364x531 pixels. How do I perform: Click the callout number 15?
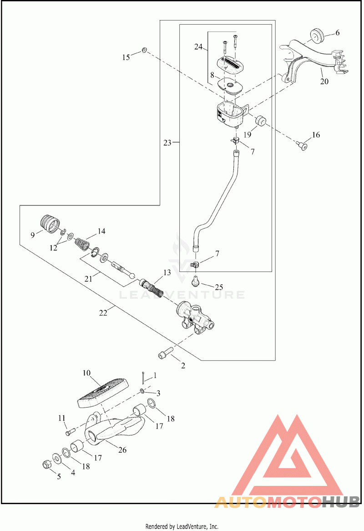pyautogui.click(x=126, y=57)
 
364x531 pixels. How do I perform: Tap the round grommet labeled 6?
pyautogui.click(x=317, y=35)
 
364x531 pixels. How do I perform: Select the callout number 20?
pyautogui.click(x=324, y=81)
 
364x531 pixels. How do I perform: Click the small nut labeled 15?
pyautogui.click(x=144, y=50)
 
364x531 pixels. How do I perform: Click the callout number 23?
pyautogui.click(x=167, y=143)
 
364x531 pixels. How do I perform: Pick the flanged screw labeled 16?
pyautogui.click(x=303, y=146)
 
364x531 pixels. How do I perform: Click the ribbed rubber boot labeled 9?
pyautogui.click(x=50, y=224)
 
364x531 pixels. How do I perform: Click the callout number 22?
pyautogui.click(x=103, y=313)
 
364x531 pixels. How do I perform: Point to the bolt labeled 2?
pyautogui.click(x=166, y=352)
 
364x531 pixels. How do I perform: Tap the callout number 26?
pyautogui.click(x=122, y=449)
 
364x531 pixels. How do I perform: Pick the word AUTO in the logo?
pyautogui.click(x=241, y=502)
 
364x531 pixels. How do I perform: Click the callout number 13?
pyautogui.click(x=167, y=272)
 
